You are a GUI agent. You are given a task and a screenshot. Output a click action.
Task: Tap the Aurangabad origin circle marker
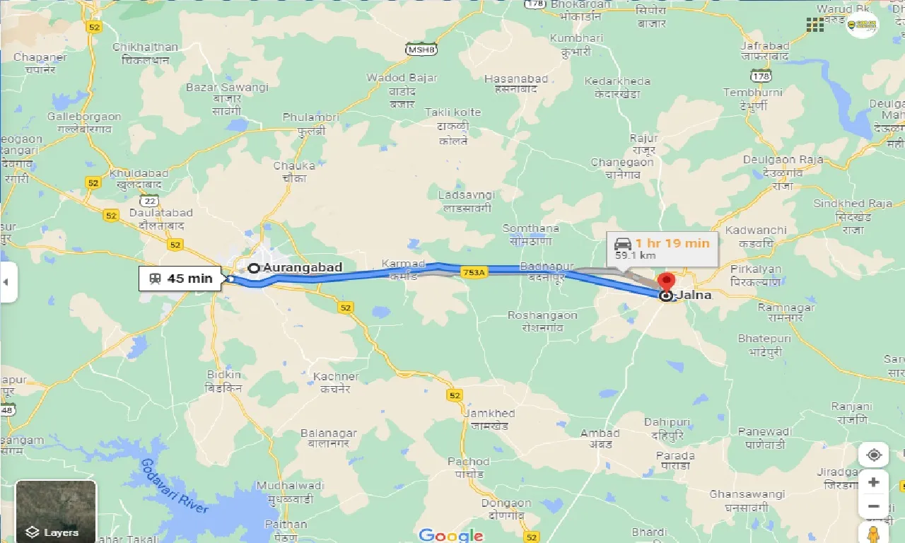click(x=254, y=268)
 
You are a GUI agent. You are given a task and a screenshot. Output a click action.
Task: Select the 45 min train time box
click(x=181, y=279)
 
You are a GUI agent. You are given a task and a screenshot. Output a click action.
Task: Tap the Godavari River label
click(x=174, y=486)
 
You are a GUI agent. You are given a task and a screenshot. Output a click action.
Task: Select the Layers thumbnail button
click(x=56, y=510)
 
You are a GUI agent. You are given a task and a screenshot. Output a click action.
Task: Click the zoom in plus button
click(x=874, y=482)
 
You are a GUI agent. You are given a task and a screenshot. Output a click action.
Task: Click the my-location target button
click(x=874, y=455)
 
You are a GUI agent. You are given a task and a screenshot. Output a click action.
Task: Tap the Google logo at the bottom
click(x=450, y=535)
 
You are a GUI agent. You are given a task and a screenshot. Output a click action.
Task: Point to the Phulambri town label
click(x=311, y=117)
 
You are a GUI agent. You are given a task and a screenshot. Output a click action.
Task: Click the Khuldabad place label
click(x=139, y=173)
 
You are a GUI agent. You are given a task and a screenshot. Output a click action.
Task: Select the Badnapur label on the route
click(x=546, y=267)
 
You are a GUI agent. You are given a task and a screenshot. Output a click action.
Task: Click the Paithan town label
click(x=286, y=524)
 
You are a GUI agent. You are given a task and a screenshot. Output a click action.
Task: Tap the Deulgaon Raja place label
click(x=783, y=160)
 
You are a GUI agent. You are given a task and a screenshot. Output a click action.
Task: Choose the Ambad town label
click(x=600, y=433)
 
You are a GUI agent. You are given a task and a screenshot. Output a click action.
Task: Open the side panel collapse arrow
click(x=6, y=281)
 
